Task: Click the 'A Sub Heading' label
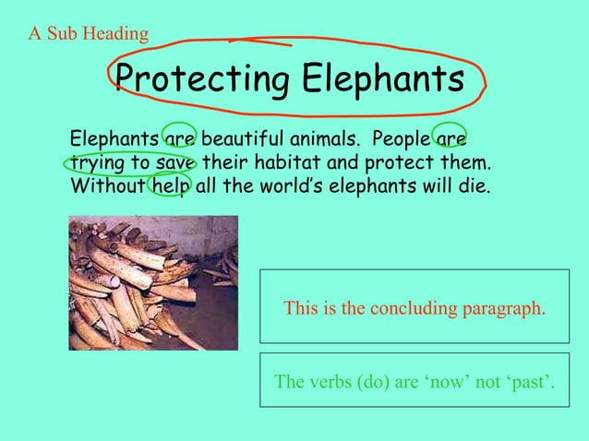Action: [89, 35]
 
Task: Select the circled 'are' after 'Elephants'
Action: [180, 140]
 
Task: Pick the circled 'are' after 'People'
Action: [450, 140]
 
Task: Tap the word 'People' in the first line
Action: [400, 140]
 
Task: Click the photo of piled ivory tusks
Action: [153, 282]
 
